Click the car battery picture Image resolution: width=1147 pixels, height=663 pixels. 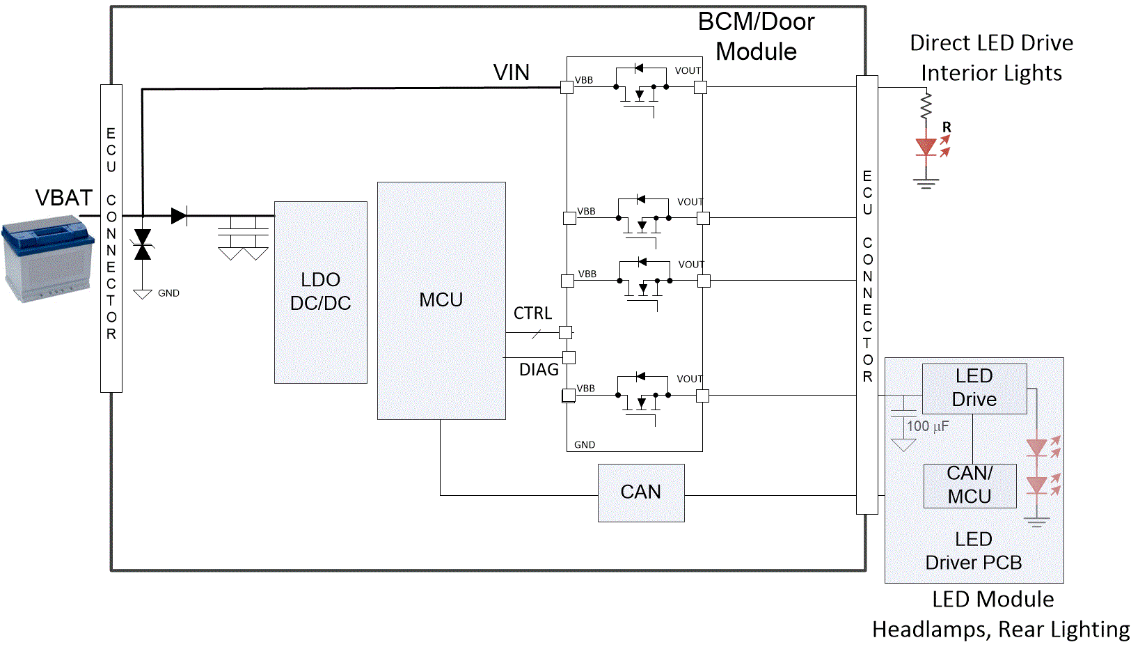point(47,258)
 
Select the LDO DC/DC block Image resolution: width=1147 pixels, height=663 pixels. point(320,292)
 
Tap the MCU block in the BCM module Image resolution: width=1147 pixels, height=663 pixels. point(441,300)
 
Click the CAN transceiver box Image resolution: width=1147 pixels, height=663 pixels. point(641,492)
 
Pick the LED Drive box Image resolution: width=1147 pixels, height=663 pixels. point(974,388)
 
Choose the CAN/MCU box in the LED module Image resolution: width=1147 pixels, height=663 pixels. point(970,485)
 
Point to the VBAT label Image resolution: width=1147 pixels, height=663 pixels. point(64,198)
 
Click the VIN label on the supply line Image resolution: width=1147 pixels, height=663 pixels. point(511,72)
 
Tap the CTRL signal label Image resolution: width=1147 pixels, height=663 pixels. point(532,313)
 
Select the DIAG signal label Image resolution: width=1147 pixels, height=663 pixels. point(539,370)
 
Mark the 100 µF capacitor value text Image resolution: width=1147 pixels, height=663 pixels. point(927,426)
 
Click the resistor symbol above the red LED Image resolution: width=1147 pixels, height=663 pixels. point(926,106)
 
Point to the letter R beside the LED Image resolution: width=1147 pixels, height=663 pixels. point(947,127)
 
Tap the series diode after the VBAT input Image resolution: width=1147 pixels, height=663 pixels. point(179,216)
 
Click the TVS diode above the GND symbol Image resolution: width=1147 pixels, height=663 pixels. point(143,244)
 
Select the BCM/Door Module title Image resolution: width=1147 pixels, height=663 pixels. point(756,37)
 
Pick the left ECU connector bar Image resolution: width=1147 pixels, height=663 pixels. point(111,238)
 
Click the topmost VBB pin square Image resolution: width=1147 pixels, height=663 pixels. point(567,87)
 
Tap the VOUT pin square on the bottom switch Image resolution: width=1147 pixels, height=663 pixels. point(702,396)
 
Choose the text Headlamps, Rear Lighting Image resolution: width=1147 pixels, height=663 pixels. point(1001,630)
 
